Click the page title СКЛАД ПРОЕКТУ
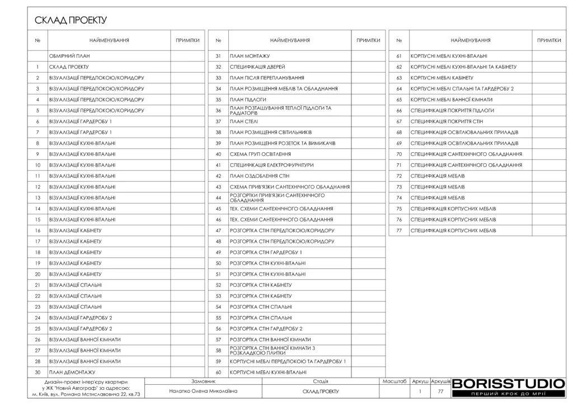(71, 21)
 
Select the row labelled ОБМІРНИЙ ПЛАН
(69, 56)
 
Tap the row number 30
(37, 372)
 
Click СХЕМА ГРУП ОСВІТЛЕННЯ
(260, 154)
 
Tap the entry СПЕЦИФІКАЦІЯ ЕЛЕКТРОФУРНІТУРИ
(271, 165)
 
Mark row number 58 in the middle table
(218, 351)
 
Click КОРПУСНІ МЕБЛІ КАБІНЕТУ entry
(442, 78)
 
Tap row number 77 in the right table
(399, 230)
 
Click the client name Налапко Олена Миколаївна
(203, 391)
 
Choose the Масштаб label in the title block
(394, 381)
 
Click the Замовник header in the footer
(203, 381)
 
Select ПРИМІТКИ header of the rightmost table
(549, 40)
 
